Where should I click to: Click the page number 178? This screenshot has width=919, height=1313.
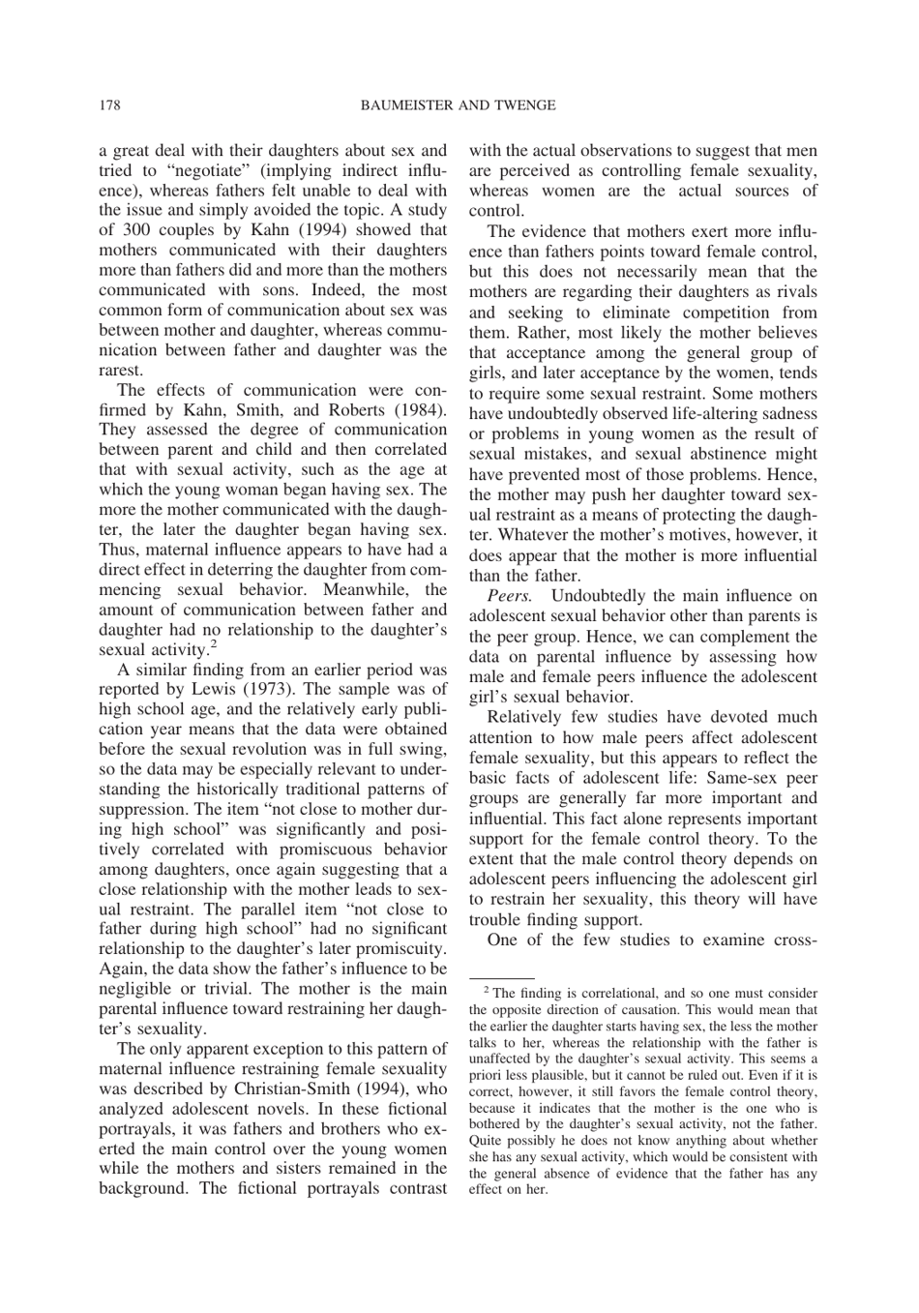pos(108,104)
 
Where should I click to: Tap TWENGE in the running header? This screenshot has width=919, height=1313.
pos(524,104)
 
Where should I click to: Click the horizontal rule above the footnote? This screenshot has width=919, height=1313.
pos(502,979)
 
